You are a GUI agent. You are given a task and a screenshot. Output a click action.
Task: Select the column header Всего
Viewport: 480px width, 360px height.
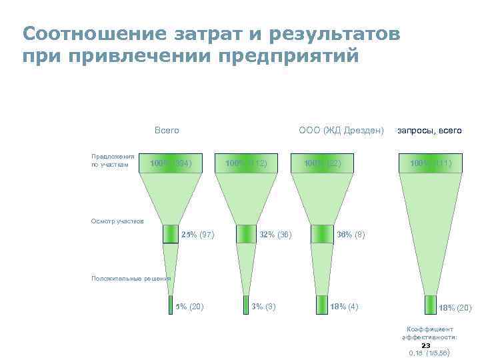(166, 130)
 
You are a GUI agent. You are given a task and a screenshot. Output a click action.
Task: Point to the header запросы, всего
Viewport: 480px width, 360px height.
(429, 131)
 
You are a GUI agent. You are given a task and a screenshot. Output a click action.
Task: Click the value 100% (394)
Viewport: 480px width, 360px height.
(171, 163)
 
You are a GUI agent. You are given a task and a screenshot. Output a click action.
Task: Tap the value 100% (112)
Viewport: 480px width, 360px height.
(246, 163)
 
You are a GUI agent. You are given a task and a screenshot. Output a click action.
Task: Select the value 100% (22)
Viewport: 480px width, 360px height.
(322, 163)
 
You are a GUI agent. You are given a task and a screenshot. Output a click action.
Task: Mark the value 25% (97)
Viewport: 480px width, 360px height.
(197, 235)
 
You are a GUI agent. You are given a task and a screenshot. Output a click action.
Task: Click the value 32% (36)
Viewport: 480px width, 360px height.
(275, 235)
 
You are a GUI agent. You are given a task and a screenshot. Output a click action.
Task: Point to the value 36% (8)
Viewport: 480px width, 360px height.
(351, 235)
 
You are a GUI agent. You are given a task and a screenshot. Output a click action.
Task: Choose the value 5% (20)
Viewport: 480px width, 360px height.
(189, 307)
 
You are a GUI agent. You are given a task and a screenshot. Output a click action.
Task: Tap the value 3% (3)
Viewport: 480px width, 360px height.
(264, 307)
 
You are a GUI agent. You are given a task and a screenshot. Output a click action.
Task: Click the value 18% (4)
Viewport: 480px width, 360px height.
(345, 307)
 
